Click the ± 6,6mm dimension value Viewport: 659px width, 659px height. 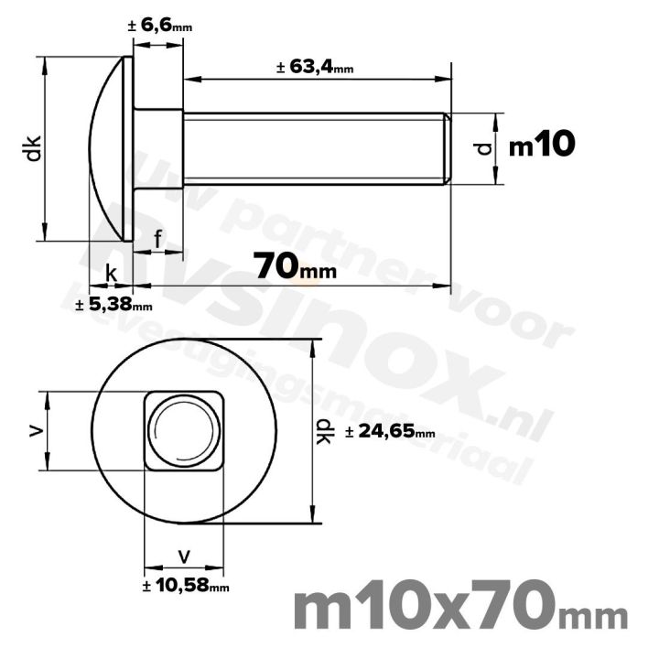(160, 27)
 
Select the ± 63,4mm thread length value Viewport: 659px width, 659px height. (314, 67)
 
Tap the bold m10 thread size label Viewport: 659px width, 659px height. (541, 145)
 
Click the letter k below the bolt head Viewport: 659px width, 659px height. (111, 273)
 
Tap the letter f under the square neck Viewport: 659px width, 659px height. (158, 240)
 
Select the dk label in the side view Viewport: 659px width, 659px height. (33, 148)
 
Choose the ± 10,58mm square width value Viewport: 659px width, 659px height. (186, 586)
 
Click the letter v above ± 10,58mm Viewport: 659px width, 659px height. (185, 556)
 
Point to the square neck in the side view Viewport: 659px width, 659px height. (158, 148)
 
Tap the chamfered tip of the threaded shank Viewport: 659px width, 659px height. (448, 148)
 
